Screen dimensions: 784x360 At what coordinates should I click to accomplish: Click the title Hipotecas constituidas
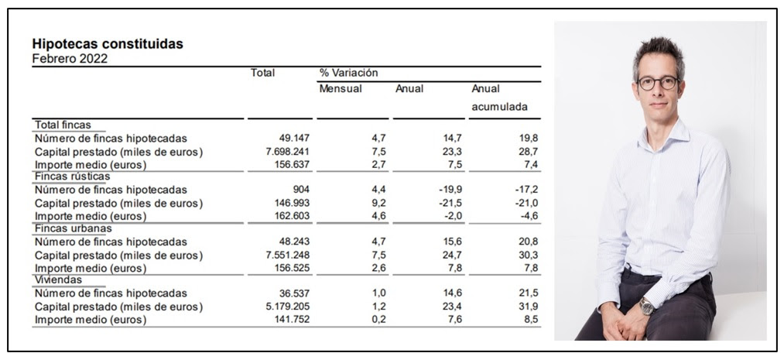tap(108, 44)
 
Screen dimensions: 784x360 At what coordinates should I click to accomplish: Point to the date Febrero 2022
tap(70, 59)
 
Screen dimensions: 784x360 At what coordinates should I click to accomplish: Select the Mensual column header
tap(341, 89)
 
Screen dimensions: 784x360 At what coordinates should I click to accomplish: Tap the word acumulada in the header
tap(499, 107)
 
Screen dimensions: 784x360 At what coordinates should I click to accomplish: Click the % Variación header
tap(348, 73)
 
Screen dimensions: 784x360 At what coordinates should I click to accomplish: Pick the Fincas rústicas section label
tap(72, 177)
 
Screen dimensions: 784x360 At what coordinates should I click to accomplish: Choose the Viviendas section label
tap(58, 280)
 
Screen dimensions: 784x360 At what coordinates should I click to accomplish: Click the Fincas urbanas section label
tap(73, 228)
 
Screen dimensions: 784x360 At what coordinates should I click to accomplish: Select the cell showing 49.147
tap(294, 139)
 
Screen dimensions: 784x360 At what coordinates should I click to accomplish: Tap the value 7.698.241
tap(287, 152)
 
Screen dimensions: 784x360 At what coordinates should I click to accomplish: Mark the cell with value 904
tap(302, 190)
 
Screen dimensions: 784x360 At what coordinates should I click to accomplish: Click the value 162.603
tap(292, 217)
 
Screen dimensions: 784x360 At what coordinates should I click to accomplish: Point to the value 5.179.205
tap(287, 307)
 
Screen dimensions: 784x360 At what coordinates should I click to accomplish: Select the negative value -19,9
tap(450, 190)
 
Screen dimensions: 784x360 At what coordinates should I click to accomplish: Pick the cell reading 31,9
tap(529, 307)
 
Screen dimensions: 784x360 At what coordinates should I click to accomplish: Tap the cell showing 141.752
tap(292, 320)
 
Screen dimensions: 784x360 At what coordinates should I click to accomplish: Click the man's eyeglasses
tap(658, 83)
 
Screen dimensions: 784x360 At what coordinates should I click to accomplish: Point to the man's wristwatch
tap(646, 306)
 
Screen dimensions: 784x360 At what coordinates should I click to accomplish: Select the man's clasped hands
tap(621, 324)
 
